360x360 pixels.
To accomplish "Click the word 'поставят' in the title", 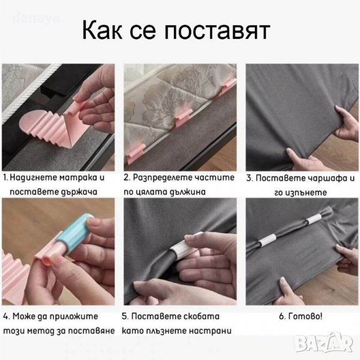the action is click(217, 31).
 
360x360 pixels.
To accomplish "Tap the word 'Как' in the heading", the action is click(103, 30).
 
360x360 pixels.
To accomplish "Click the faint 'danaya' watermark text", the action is click(36, 19).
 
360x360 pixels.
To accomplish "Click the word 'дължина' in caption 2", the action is click(188, 192).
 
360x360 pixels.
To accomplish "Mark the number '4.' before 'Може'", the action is click(7, 316).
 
